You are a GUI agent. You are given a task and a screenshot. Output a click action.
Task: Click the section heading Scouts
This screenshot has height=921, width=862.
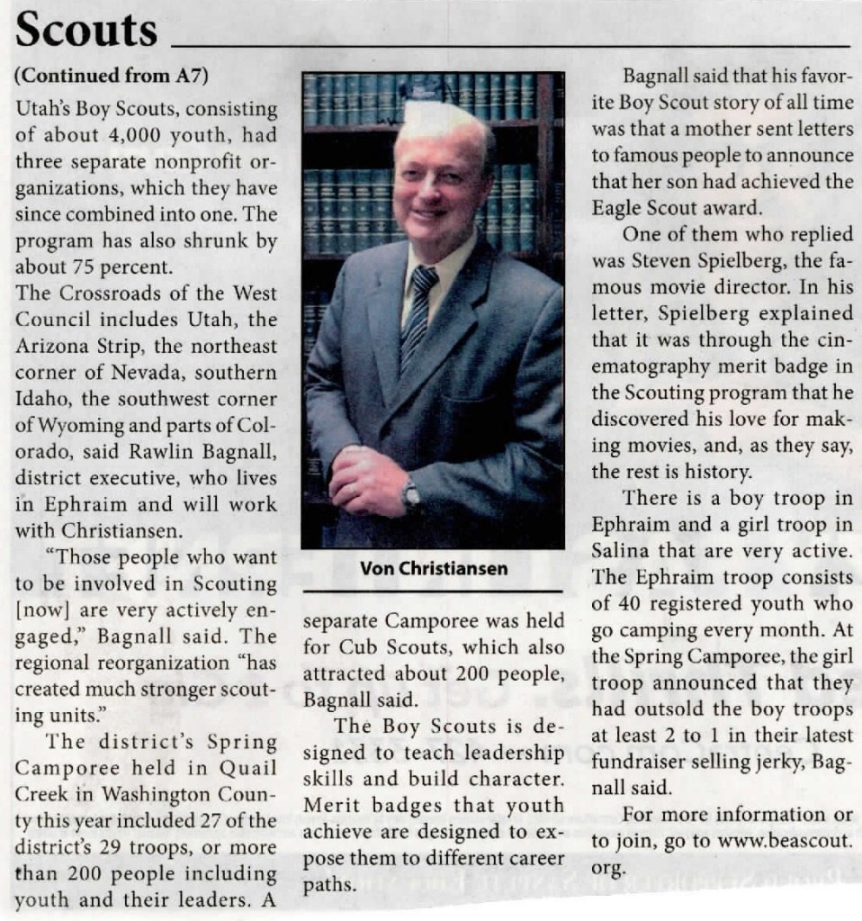pyautogui.click(x=87, y=32)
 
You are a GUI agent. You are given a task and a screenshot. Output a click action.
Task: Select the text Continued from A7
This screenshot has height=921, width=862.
pyautogui.click(x=113, y=77)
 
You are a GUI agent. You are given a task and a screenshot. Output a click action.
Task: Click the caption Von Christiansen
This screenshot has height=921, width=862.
pyautogui.click(x=433, y=568)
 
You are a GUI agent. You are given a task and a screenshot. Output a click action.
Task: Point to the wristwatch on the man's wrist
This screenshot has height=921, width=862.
pyautogui.click(x=411, y=492)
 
